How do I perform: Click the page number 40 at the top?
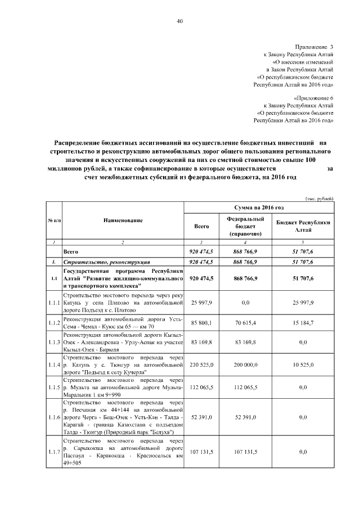180,21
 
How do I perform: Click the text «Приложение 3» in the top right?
314,46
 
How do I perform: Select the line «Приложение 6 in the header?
313,98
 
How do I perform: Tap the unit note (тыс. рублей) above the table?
319,199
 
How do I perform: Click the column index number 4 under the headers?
245,241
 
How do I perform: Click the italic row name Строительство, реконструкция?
106,262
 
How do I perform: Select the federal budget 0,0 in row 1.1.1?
245,303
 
